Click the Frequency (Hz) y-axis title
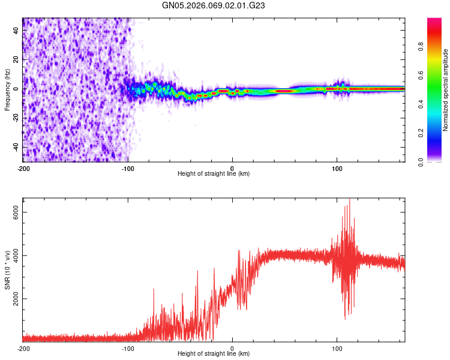pos(7,89)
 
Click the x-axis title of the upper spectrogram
pos(214,173)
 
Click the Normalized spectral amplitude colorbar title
pos(446,90)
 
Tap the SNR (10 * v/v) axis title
pos(7,270)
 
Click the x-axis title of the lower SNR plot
pos(214,353)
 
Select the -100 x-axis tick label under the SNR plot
pos(128,348)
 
